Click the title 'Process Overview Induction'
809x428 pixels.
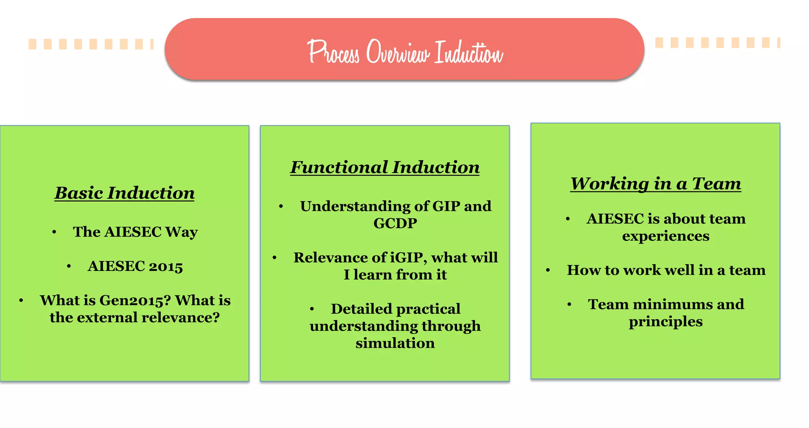click(405, 52)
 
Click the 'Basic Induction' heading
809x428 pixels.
click(124, 193)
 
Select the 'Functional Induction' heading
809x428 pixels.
click(385, 167)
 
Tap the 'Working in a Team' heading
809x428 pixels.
click(656, 184)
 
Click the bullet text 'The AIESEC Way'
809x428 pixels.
click(135, 232)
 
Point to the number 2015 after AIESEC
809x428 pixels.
click(166, 267)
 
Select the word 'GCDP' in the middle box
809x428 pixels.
click(395, 223)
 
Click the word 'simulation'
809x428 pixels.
click(395, 344)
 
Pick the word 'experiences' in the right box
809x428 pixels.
click(666, 236)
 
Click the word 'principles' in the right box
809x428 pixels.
click(666, 322)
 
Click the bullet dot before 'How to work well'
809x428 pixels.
click(548, 270)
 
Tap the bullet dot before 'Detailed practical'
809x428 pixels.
click(312, 309)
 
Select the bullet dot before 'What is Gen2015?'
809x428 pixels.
click(21, 301)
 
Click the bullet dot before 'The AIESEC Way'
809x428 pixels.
click(54, 232)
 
